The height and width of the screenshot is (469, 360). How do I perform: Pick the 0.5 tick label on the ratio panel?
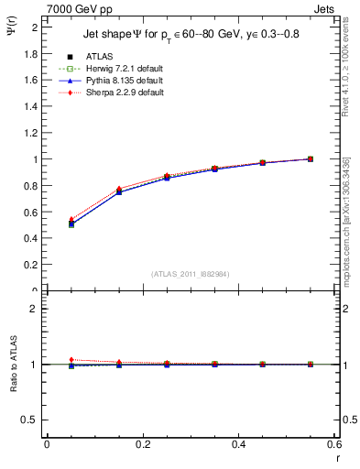31,420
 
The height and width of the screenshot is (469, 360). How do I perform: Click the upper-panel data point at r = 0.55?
311,158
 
